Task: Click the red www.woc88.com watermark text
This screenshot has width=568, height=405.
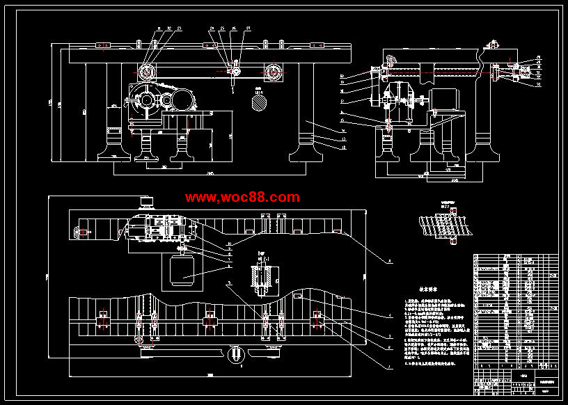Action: [242, 198]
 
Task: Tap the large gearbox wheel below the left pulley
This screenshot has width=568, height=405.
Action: [147, 101]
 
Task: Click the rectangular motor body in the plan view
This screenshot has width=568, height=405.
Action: [182, 271]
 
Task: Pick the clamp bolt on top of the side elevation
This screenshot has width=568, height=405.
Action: [493, 47]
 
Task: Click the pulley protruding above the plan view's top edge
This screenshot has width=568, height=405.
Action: [146, 202]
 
